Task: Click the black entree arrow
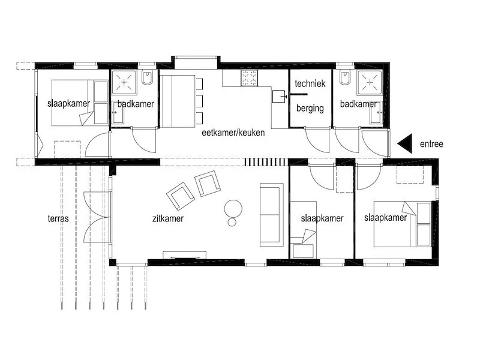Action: point(405,143)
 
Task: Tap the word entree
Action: point(431,144)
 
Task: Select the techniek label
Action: point(310,83)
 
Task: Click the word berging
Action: point(310,109)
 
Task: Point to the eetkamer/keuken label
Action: point(233,133)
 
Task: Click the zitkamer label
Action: point(168,218)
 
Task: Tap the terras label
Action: point(58,218)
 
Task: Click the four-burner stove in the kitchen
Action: point(249,78)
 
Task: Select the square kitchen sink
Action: point(279,97)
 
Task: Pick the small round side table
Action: point(232,222)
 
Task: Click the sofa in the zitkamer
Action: point(272,215)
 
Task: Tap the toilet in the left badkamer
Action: point(147,77)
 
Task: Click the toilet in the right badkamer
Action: point(345,77)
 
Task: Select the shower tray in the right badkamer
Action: point(370,82)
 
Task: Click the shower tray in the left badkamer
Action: point(124,82)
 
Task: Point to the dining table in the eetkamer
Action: point(178,101)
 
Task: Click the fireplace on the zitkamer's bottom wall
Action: point(184,255)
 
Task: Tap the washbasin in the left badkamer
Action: point(118,112)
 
